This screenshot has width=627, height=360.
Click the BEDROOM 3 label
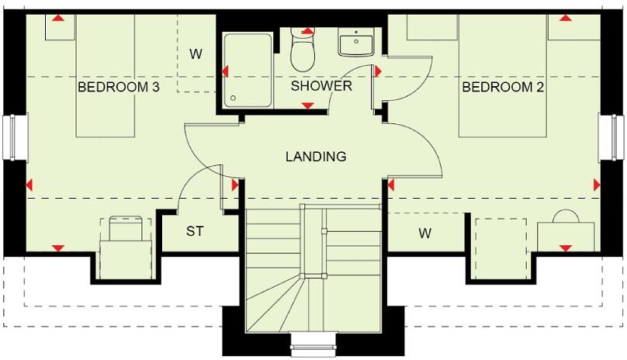coord(118,88)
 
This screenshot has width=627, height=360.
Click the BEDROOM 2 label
coord(503,88)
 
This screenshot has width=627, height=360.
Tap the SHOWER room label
coord(321,86)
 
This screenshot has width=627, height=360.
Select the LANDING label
coord(316,157)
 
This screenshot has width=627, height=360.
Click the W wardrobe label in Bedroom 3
coord(196,54)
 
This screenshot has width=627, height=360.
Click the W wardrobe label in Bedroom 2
coord(425,232)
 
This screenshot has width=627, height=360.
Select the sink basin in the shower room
coord(357,42)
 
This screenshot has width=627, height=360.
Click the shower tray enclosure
coord(247,70)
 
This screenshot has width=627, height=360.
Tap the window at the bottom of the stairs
coord(313,341)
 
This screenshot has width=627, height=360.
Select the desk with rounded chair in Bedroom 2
coord(566,234)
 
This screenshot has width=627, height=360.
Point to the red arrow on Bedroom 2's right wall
coord(596,185)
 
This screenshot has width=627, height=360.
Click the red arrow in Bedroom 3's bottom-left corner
coord(57,247)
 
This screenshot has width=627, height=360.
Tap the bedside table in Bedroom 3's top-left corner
coord(59,28)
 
